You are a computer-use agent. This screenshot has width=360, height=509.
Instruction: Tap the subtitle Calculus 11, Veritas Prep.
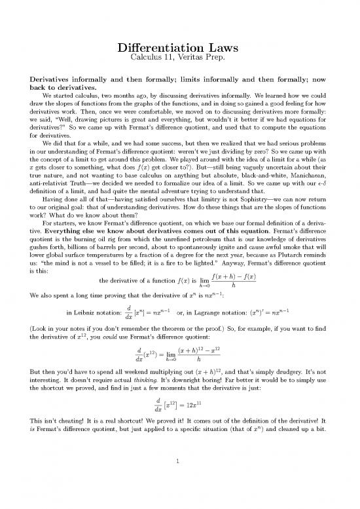click(x=180, y=62)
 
